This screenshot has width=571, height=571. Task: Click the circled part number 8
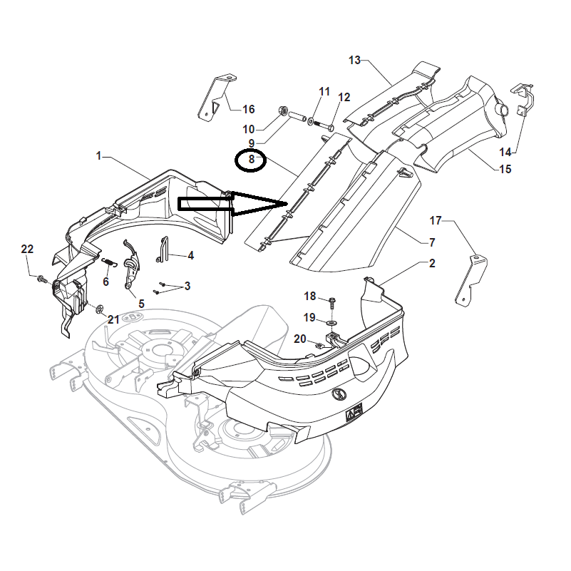[251, 160]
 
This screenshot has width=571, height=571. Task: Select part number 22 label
[27, 249]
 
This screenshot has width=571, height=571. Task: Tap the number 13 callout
[355, 60]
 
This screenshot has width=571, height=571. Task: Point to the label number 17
[436, 220]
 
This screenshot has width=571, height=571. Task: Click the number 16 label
[248, 109]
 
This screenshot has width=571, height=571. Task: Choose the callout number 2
[432, 263]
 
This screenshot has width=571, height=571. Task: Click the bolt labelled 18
[333, 301]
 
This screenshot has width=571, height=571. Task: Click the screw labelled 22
[42, 279]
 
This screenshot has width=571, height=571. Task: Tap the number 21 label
[113, 319]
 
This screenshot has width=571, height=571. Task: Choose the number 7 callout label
[431, 243]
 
